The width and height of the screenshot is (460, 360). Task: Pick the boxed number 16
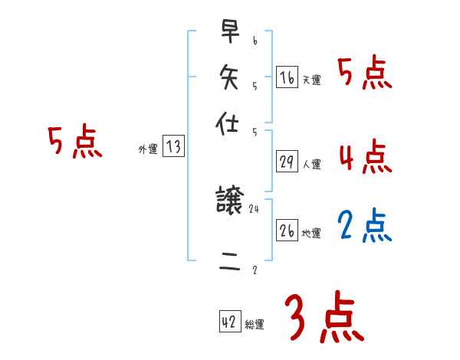pos(287,77)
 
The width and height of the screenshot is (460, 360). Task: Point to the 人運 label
pos(311,164)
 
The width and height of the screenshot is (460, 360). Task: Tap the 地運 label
pos(311,234)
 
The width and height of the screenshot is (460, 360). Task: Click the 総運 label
pos(254,325)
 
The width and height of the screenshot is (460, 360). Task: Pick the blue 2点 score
pos(365,225)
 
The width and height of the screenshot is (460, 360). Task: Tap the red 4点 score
pos(365,157)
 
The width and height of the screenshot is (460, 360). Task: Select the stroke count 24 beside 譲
pos(254,209)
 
